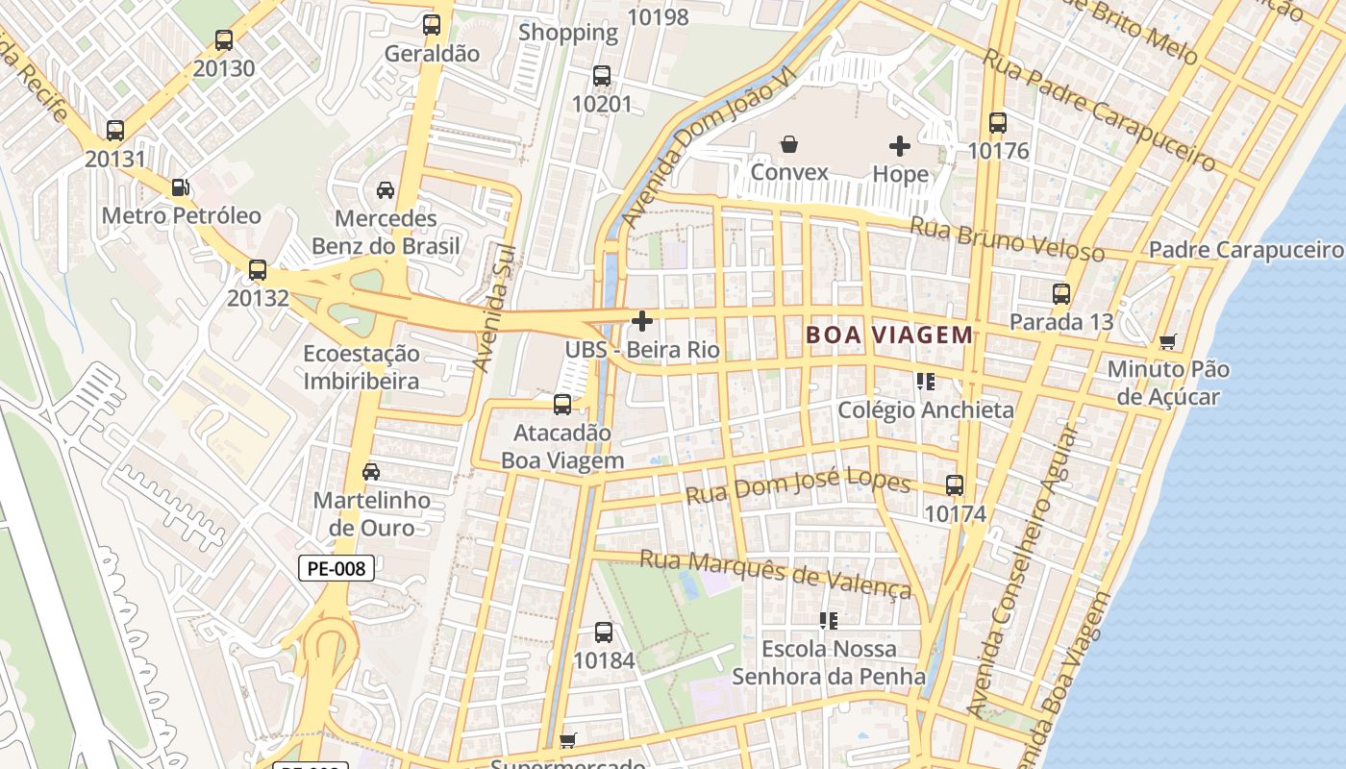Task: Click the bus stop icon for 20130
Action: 224,40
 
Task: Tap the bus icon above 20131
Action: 115,131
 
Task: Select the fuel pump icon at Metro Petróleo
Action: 180,187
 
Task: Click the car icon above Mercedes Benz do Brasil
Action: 386,190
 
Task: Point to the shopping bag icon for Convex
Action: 789,145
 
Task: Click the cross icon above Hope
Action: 900,146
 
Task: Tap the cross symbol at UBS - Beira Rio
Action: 642,321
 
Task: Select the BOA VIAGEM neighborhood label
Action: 889,335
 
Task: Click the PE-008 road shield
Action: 336,568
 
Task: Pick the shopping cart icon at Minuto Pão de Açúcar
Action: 1168,341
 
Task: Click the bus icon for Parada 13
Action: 1061,294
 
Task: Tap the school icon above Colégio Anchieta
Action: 926,382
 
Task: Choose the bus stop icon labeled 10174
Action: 955,485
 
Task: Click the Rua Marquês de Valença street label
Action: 775,573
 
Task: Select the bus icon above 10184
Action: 604,633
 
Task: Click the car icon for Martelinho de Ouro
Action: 371,472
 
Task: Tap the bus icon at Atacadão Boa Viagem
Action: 562,405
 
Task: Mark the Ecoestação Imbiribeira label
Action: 361,367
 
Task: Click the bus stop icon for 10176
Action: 998,123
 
